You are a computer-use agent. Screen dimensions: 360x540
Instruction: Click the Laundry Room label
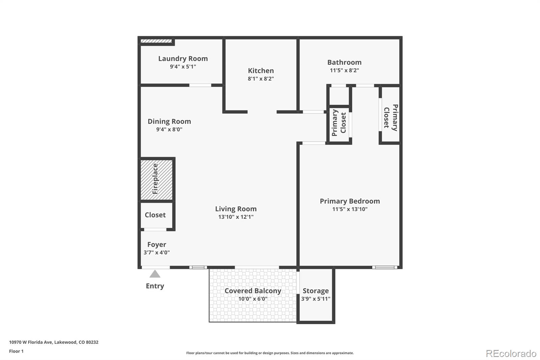click(x=183, y=58)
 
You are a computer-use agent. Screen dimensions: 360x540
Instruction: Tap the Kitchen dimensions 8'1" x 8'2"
click(x=261, y=79)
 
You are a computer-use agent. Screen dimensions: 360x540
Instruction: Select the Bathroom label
click(x=344, y=62)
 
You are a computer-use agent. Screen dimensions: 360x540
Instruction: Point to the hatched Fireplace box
click(x=157, y=179)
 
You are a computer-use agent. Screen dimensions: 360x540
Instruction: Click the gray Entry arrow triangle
click(x=155, y=274)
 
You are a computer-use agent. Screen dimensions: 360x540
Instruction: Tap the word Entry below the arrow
click(x=155, y=286)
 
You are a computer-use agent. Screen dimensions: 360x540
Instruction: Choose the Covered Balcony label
click(x=253, y=291)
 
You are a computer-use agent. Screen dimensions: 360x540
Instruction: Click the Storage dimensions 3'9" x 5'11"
click(x=316, y=299)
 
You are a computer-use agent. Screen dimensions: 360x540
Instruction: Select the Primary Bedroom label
click(x=350, y=201)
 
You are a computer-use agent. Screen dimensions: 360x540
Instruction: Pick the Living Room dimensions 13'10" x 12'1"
click(x=236, y=217)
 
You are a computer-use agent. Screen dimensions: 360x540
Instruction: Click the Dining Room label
click(x=169, y=121)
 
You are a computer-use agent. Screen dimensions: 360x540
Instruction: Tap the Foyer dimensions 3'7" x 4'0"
click(x=157, y=252)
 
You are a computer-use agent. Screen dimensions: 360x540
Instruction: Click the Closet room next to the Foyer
click(x=155, y=215)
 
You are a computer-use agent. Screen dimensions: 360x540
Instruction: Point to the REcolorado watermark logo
click(x=511, y=353)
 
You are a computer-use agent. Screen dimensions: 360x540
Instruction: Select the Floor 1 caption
click(x=16, y=351)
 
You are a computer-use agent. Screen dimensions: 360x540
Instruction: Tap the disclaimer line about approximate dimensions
click(x=270, y=353)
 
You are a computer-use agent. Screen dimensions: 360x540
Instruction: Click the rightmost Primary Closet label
click(x=391, y=117)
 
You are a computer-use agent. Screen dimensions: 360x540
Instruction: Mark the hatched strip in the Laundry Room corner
click(x=156, y=41)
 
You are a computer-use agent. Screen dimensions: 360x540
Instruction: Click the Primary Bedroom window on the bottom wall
click(x=385, y=267)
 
